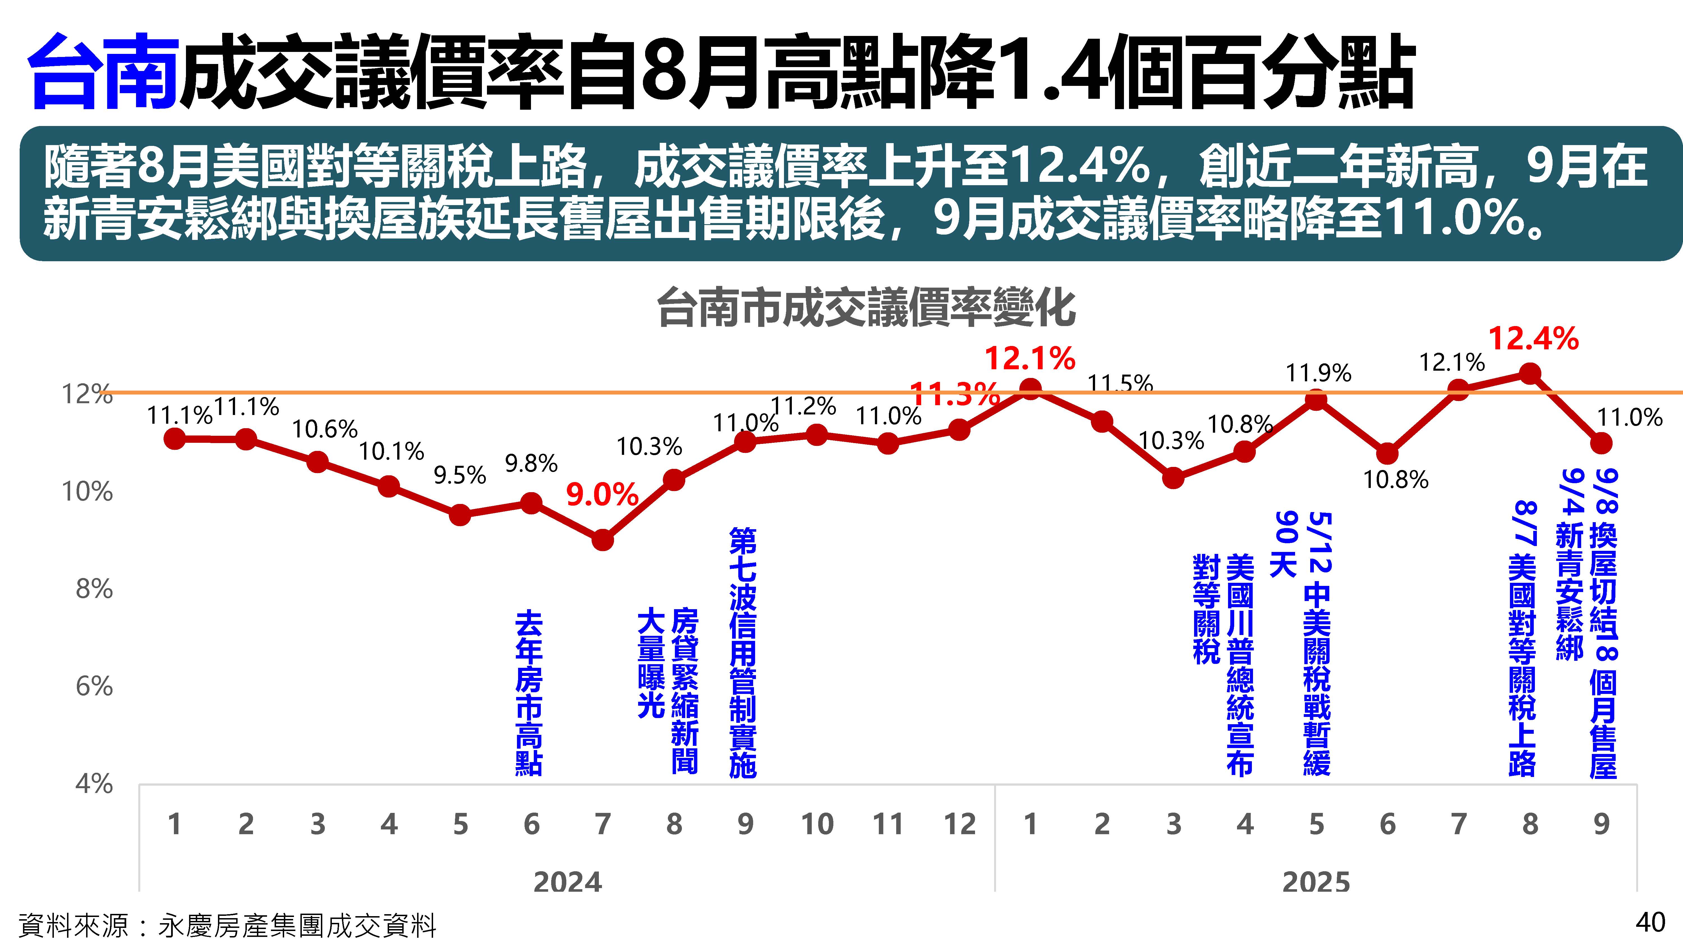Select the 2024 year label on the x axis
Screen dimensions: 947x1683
(x=567, y=882)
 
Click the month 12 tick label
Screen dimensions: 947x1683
(x=959, y=824)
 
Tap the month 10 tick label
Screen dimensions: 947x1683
(x=817, y=824)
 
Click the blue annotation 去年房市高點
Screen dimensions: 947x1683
(x=528, y=693)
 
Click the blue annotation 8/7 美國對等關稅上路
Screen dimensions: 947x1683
(x=1522, y=637)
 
